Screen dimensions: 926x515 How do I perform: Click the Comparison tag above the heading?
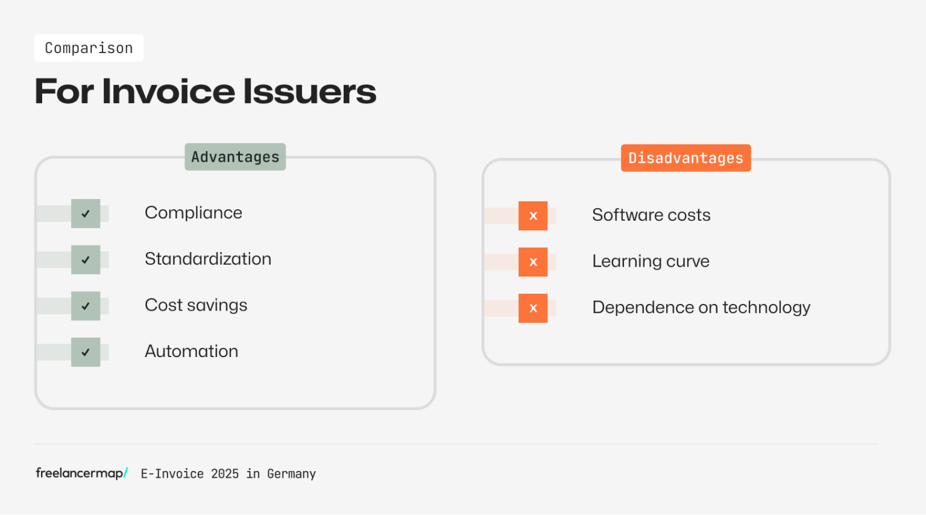89,48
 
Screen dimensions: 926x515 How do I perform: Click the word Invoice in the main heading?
168,91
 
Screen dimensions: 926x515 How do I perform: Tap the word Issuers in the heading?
310,91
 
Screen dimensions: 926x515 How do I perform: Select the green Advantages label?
235,157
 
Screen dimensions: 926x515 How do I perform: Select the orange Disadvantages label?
686,158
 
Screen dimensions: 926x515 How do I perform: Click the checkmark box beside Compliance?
86,213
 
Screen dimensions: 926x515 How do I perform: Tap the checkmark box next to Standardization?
86,260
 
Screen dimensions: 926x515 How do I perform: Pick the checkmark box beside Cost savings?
86,306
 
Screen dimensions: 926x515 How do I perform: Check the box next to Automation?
86,352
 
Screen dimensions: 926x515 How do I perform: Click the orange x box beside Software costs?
533,216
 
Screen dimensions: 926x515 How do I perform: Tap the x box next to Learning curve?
533,262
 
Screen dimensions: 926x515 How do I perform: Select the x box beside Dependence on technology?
533,308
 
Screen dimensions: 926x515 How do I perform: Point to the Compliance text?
194,213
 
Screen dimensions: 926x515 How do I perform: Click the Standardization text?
208,259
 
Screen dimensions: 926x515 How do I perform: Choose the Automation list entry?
191,352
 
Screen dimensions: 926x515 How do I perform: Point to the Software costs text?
651,215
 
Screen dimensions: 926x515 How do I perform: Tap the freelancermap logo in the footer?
82,473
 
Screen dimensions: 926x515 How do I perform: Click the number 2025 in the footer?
225,474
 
